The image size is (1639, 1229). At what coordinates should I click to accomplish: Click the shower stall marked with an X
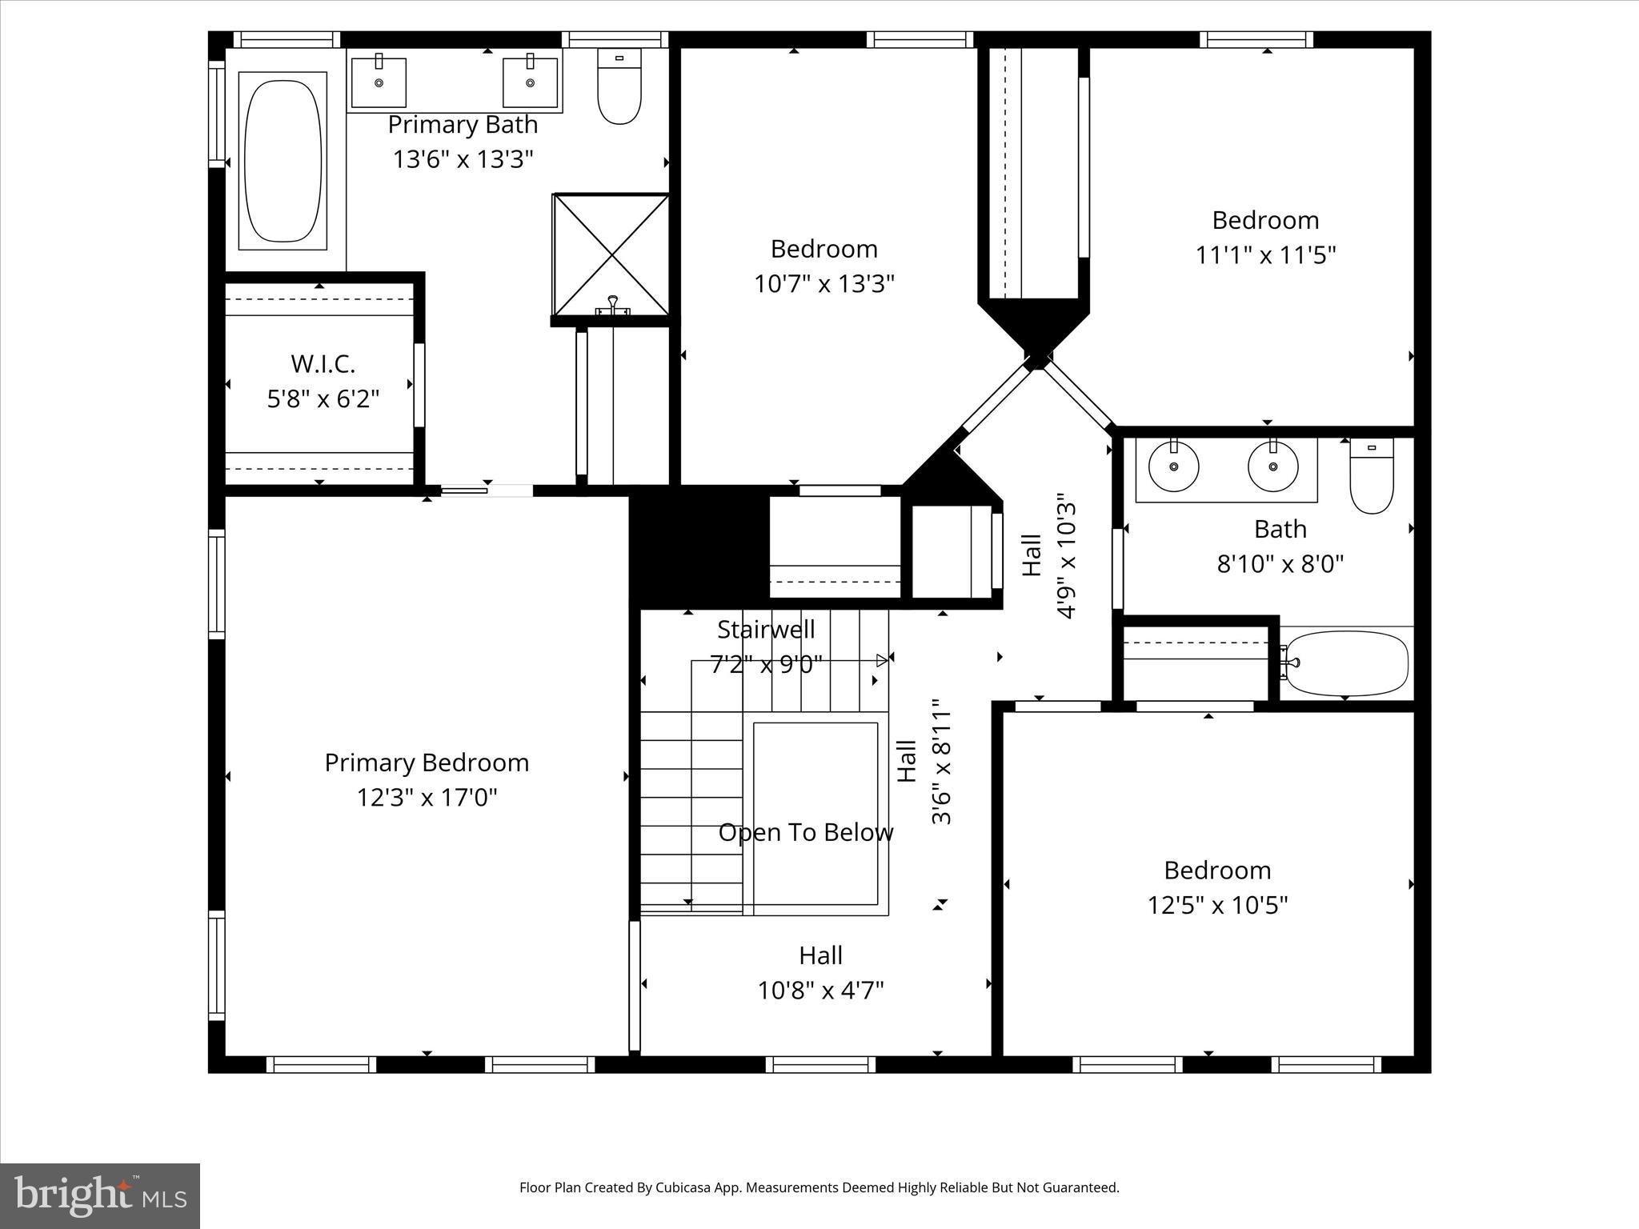click(611, 254)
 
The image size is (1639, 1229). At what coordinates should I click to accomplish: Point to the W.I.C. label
click(323, 364)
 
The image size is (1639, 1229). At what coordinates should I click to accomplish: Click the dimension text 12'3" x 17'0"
click(427, 798)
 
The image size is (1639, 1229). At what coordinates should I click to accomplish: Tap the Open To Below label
click(805, 833)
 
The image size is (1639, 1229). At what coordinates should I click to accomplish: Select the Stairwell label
click(766, 630)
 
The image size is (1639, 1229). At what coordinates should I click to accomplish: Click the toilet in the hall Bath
click(1372, 476)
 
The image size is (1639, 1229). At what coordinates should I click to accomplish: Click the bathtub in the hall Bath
click(1346, 663)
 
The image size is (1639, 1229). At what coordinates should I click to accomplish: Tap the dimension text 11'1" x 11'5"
click(1265, 255)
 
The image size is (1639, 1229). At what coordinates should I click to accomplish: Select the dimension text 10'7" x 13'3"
click(824, 284)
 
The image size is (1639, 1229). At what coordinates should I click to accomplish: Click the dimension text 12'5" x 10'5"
click(1217, 905)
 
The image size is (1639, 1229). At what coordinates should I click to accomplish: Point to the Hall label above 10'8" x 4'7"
click(820, 955)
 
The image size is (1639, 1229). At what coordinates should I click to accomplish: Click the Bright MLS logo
click(100, 1195)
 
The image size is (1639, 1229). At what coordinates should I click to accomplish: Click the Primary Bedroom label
click(427, 763)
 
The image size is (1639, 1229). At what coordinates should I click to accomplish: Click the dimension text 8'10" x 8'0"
click(1280, 564)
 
